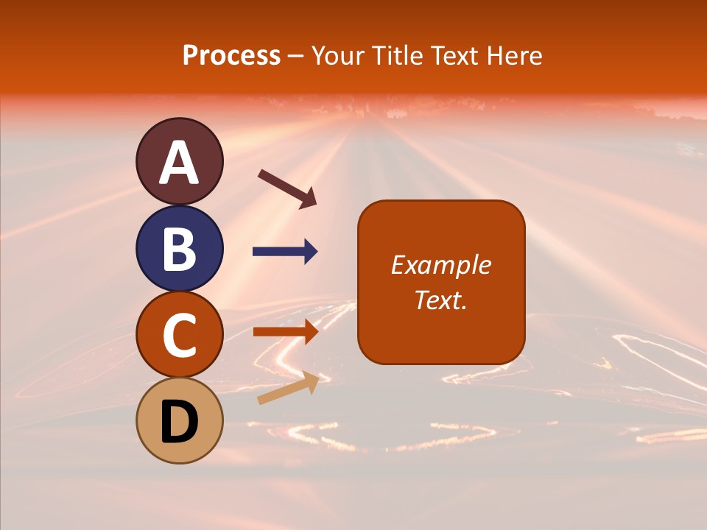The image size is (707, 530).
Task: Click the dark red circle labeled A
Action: pos(179,161)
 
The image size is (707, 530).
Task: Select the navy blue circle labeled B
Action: pos(179,248)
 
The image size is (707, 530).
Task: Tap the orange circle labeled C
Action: pos(179,335)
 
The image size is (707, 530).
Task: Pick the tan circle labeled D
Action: pos(179,421)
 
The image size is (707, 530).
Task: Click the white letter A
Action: pos(179,163)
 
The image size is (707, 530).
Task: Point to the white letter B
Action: pos(179,249)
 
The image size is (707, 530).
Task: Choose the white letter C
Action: pos(179,336)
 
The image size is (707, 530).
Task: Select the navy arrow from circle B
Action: pos(285,252)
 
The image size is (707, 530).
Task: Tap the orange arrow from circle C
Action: pos(285,331)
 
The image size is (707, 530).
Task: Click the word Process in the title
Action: pos(231,55)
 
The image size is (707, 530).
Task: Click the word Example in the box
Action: pos(440,265)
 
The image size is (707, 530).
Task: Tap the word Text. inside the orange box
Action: pos(440,300)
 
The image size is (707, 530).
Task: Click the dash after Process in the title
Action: pos(296,56)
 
